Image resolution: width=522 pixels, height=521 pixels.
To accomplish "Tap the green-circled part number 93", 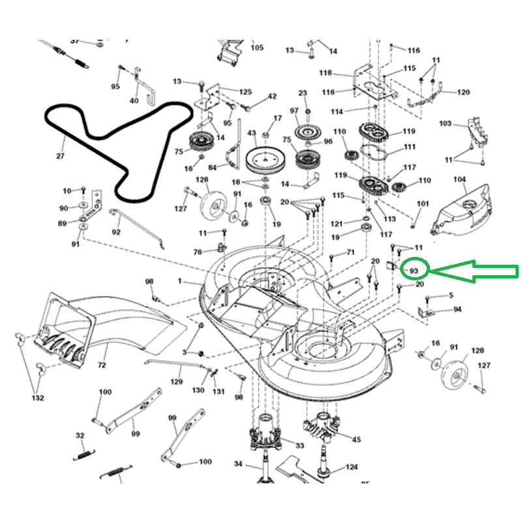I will click(x=413, y=269).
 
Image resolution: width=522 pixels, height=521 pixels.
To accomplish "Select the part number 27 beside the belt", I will click(x=61, y=156).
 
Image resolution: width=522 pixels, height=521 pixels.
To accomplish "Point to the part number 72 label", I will click(x=102, y=365).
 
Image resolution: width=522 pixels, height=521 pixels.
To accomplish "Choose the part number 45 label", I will click(x=356, y=439).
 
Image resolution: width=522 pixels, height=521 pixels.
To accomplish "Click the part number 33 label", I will click(x=299, y=445).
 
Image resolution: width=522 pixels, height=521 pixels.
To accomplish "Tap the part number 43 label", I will click(x=252, y=133).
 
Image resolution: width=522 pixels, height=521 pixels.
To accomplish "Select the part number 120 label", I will click(x=463, y=93).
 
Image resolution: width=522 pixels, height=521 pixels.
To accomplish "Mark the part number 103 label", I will click(x=446, y=123).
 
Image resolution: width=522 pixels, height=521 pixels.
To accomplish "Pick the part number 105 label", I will click(x=257, y=48).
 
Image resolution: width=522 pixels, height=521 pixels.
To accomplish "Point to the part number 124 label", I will click(x=352, y=467).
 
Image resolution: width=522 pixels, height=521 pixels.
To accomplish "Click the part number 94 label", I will click(x=457, y=309).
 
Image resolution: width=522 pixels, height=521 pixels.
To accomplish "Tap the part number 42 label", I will click(x=271, y=97).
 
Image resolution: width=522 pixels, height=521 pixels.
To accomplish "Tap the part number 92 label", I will click(x=116, y=231).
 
